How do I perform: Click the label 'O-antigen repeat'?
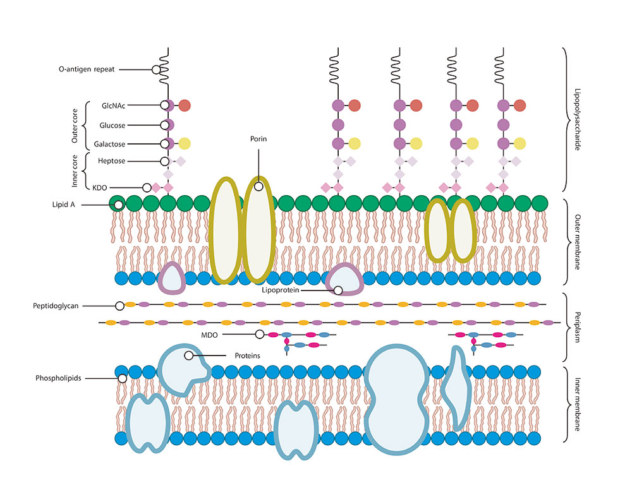pos(85,69)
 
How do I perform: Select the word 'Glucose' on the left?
pos(112,125)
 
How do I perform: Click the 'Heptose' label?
pos(111,162)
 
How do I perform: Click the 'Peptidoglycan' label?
pos(57,306)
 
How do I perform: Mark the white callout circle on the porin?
pos(258,186)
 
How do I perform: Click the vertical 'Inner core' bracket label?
pos(75,170)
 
